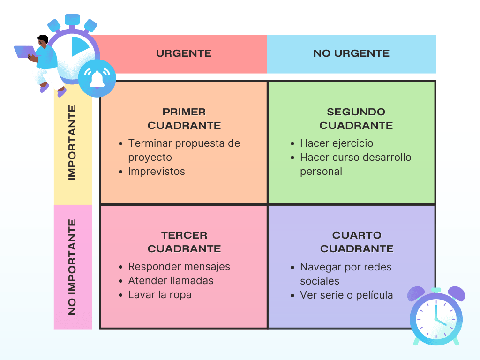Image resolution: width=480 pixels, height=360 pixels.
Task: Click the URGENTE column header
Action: pyautogui.click(x=184, y=53)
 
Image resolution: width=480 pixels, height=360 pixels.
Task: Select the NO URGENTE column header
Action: pyautogui.click(x=351, y=53)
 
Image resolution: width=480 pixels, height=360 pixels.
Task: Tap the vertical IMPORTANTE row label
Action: pyautogui.click(x=72, y=142)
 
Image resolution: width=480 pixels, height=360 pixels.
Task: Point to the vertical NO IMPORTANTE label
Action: pyautogui.click(x=72, y=266)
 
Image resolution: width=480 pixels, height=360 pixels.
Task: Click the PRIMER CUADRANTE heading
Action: pyautogui.click(x=184, y=119)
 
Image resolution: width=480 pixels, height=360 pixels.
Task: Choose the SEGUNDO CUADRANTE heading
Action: pyautogui.click(x=356, y=119)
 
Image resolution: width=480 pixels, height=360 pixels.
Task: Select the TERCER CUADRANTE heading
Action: pyautogui.click(x=184, y=242)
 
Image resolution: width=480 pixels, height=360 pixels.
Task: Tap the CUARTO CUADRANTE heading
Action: pyautogui.click(x=357, y=242)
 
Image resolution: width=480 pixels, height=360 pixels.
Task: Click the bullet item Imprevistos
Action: pyautogui.click(x=157, y=172)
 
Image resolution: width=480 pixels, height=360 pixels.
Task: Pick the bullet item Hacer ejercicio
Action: pyautogui.click(x=337, y=143)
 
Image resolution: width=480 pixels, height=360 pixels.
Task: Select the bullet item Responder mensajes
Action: pyautogui.click(x=179, y=267)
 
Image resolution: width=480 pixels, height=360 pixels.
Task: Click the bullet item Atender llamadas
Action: pyautogui.click(x=171, y=281)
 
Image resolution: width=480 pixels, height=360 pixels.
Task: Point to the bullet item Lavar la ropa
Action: pyautogui.click(x=160, y=295)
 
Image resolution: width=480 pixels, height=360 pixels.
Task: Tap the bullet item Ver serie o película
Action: pyautogui.click(x=346, y=295)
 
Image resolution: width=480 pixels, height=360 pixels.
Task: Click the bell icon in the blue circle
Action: pyautogui.click(x=97, y=78)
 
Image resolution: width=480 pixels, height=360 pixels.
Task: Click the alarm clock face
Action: pyautogui.click(x=436, y=317)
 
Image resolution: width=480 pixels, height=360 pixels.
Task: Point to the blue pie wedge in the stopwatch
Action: pyautogui.click(x=79, y=47)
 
